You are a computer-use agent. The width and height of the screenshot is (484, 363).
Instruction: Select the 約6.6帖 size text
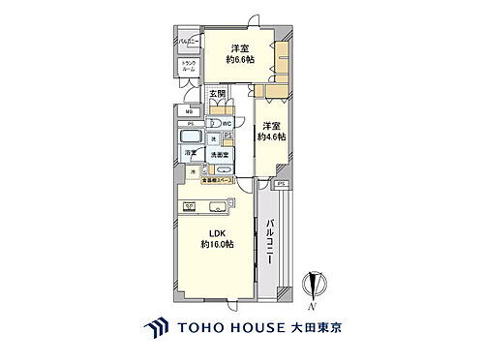(241, 60)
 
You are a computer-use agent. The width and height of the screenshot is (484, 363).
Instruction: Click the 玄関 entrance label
(218, 95)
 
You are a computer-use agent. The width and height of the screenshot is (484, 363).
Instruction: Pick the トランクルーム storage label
(188, 69)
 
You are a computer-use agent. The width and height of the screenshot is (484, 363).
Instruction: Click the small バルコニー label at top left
(188, 42)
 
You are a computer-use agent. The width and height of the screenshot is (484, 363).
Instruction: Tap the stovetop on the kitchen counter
(191, 204)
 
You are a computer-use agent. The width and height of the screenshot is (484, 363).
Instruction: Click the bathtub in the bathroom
(190, 136)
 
